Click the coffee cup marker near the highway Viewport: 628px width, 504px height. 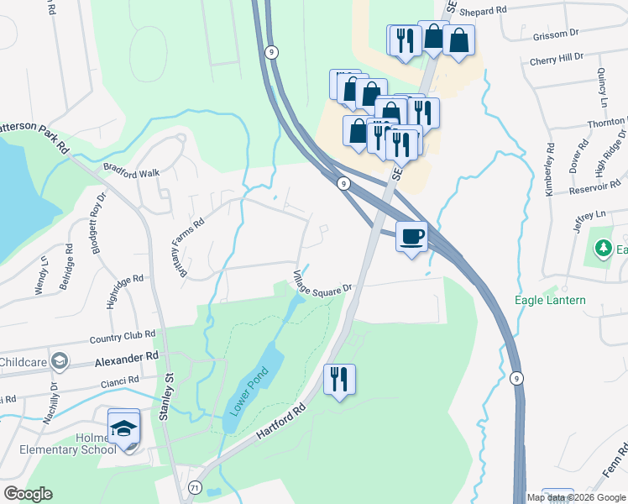pyautogui.click(x=411, y=237)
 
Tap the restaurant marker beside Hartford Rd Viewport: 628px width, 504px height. pyautogui.click(x=339, y=379)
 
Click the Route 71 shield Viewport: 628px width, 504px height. pyautogui.click(x=196, y=487)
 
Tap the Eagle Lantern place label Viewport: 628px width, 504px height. pyautogui.click(x=550, y=300)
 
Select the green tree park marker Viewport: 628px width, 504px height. pyautogui.click(x=602, y=249)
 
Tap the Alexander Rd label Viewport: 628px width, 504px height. pyautogui.click(x=126, y=356)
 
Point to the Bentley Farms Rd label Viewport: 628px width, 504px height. pyautogui.click(x=188, y=242)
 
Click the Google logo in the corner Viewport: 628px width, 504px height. pyautogui.click(x=28, y=494)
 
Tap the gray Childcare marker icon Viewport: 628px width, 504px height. pyautogui.click(x=59, y=361)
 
